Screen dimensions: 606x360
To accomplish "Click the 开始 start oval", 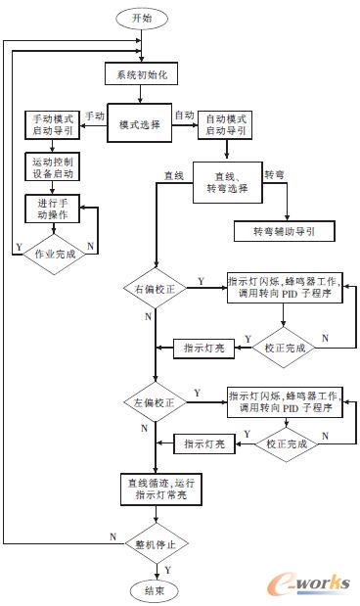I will point(143,18).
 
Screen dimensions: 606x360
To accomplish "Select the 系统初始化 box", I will point(142,74).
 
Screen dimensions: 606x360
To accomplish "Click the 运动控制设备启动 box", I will point(53,166).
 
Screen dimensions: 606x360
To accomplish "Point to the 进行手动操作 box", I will point(53,210).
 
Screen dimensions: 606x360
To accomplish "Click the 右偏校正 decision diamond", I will point(155,289).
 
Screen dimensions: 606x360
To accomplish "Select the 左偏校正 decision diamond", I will point(155,402).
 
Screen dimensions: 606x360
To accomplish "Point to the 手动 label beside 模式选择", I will point(95,116).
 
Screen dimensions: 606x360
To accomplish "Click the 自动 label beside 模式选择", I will point(185,116).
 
